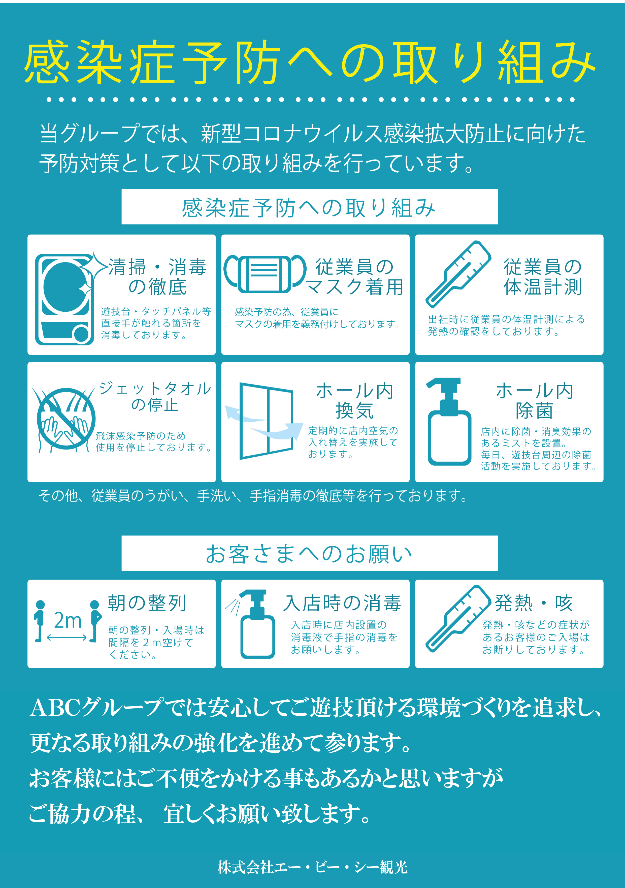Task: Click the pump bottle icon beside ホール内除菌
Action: pos(449,422)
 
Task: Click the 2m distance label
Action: pos(68,621)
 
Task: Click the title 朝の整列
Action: pos(147,603)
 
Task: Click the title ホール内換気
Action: pos(355,401)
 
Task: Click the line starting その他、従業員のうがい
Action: pos(253,495)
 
